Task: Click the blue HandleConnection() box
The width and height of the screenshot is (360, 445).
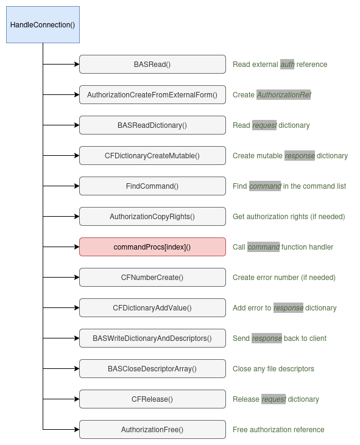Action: click(x=43, y=25)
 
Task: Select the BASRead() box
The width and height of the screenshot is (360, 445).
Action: click(x=152, y=65)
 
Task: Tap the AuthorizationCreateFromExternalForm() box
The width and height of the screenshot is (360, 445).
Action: click(x=152, y=95)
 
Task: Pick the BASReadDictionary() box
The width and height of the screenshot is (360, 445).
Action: click(x=152, y=125)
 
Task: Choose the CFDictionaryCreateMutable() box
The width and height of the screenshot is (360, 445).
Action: click(x=152, y=155)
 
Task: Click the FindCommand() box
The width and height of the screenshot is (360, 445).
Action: click(x=152, y=186)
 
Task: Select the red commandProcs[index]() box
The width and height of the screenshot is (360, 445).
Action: click(x=152, y=247)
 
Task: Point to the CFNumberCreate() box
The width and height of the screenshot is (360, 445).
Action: click(x=152, y=277)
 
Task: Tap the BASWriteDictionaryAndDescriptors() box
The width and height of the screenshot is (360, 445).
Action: click(x=152, y=338)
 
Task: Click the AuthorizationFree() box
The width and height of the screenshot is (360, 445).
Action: click(x=152, y=430)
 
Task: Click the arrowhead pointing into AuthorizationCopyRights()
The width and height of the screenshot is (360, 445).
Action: click(x=77, y=217)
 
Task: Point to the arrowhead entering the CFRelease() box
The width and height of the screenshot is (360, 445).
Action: click(x=77, y=399)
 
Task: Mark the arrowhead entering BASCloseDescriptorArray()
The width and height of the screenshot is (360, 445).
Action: click(x=77, y=369)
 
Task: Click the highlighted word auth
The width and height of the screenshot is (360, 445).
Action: click(x=288, y=65)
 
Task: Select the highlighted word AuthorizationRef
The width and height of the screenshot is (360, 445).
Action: click(x=284, y=95)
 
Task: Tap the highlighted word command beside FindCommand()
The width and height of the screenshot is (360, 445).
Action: click(x=265, y=186)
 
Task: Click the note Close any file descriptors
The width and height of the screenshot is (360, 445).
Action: click(x=274, y=369)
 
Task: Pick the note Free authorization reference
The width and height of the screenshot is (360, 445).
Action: click(x=278, y=430)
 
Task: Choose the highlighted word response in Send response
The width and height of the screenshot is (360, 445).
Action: click(x=267, y=338)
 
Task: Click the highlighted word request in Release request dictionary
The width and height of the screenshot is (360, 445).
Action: click(x=274, y=399)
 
